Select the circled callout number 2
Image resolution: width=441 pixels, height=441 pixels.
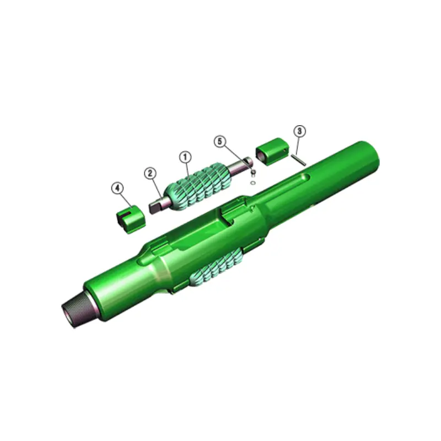click(x=150, y=173)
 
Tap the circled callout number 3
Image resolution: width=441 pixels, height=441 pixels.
click(x=299, y=131)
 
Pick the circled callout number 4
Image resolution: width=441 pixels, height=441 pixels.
click(x=117, y=188)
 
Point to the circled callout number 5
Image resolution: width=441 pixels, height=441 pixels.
click(x=220, y=142)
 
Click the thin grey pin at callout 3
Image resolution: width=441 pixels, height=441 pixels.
click(x=300, y=159)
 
